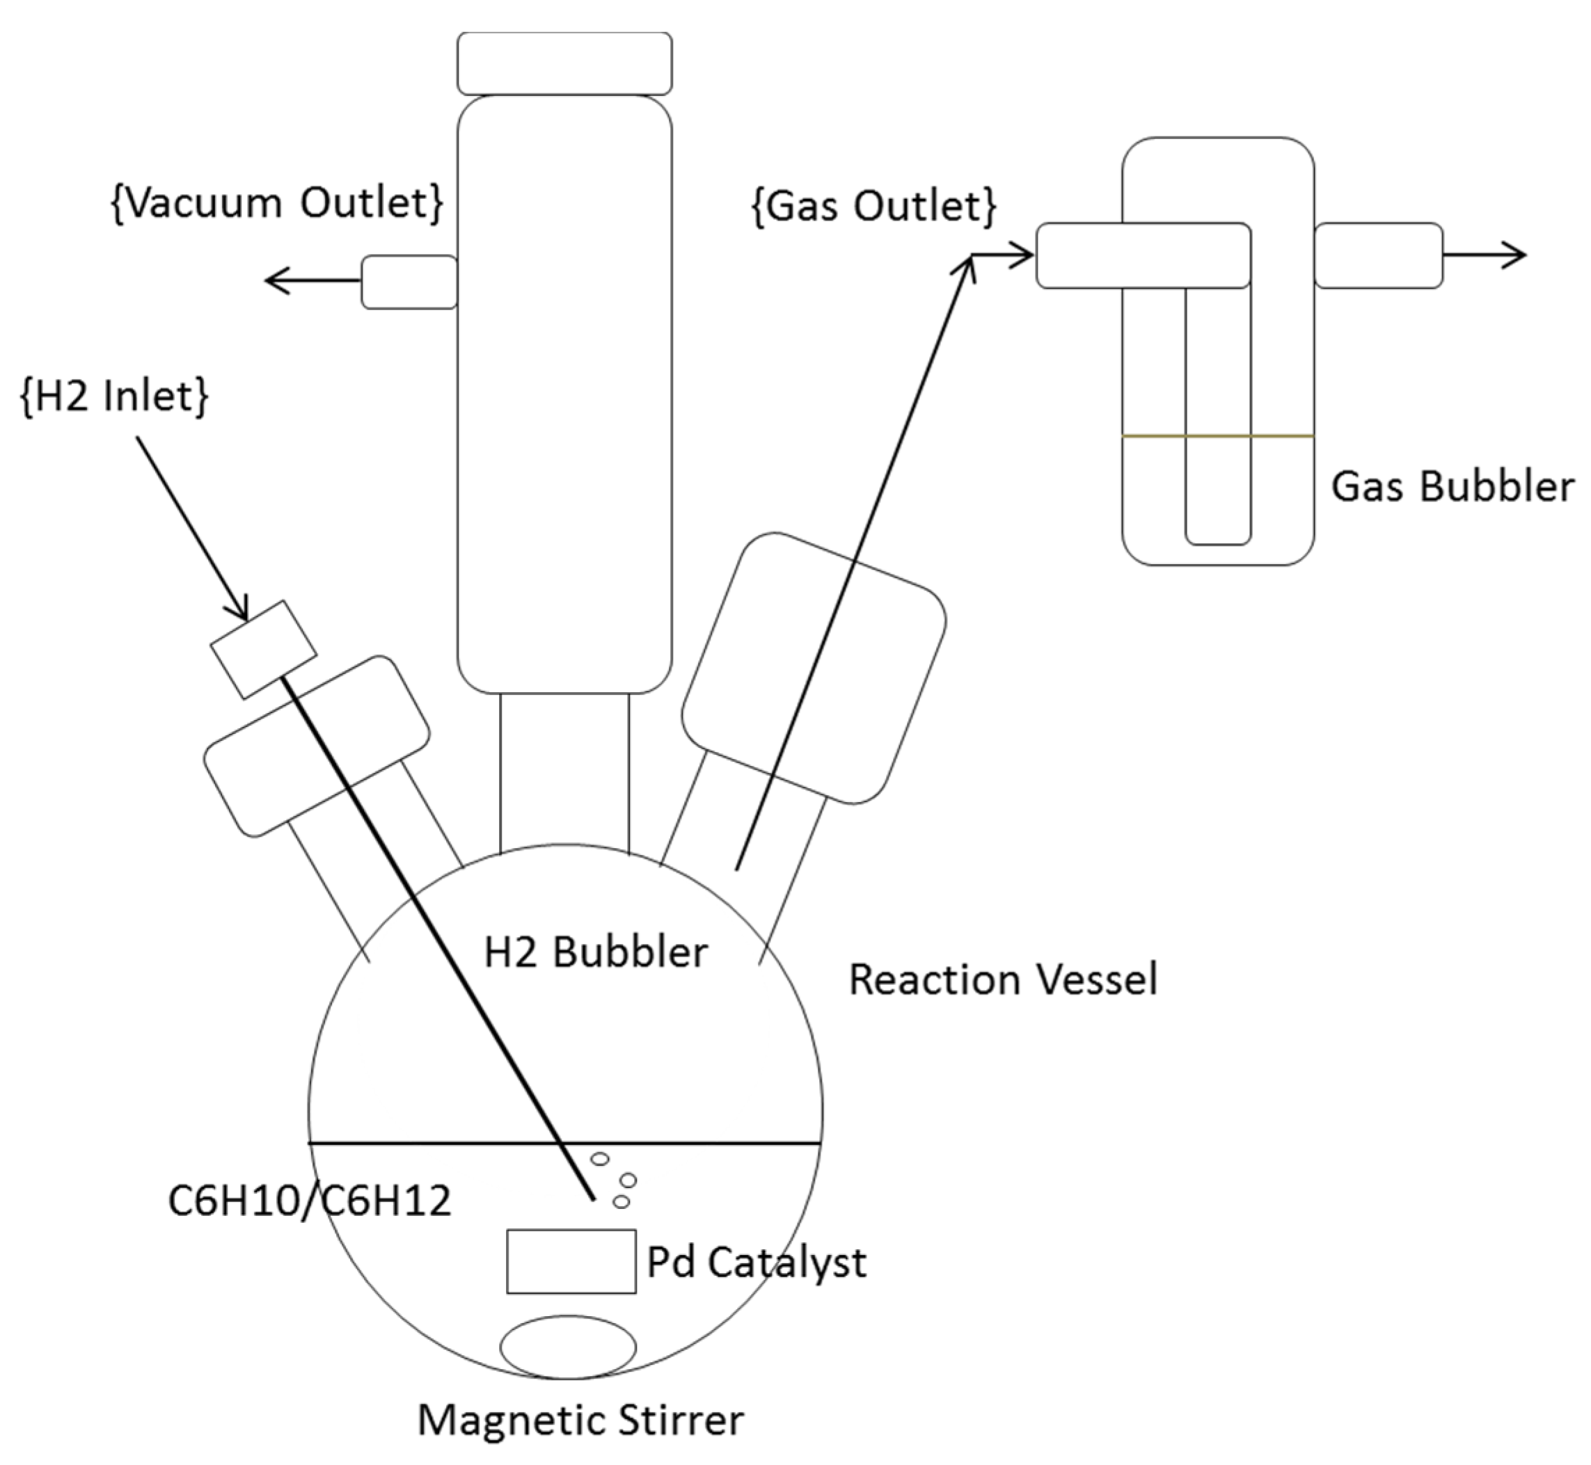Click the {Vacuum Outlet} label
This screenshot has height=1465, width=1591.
[277, 203]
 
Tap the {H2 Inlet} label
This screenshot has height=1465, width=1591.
[114, 396]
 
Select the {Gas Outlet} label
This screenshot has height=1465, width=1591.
[873, 206]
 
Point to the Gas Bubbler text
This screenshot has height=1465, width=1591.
[1451, 486]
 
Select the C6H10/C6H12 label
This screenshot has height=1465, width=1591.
[309, 1199]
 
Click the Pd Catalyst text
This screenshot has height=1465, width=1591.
[756, 1262]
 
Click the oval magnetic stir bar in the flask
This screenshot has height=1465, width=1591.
[568, 1347]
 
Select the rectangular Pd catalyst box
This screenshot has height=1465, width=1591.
[571, 1261]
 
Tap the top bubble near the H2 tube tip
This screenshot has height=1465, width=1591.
[601, 1159]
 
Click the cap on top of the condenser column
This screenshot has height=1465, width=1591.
[564, 63]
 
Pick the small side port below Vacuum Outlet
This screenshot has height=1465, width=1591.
[409, 282]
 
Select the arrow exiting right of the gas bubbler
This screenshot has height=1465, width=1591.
[1483, 255]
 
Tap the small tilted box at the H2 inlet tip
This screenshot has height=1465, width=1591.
[263, 650]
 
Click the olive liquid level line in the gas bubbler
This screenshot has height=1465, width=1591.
[1217, 435]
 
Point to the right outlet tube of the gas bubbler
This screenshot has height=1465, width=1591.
[1379, 255]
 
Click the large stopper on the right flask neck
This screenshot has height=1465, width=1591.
[814, 668]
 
